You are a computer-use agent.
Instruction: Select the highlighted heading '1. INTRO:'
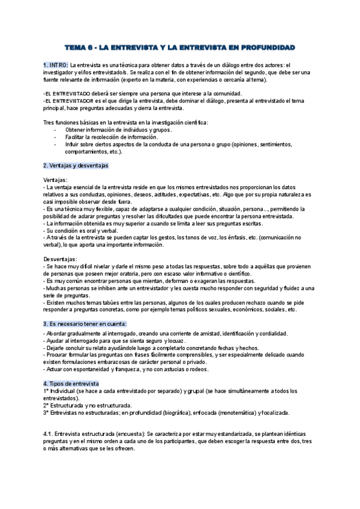pos(56,65)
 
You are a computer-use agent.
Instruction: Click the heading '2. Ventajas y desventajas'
pos(76,165)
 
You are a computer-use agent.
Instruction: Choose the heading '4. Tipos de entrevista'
pos(71,383)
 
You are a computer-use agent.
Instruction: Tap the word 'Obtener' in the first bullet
pos(76,130)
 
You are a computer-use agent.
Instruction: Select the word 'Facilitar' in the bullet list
pos(77,137)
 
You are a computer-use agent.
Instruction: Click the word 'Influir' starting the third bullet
pos(73,144)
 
